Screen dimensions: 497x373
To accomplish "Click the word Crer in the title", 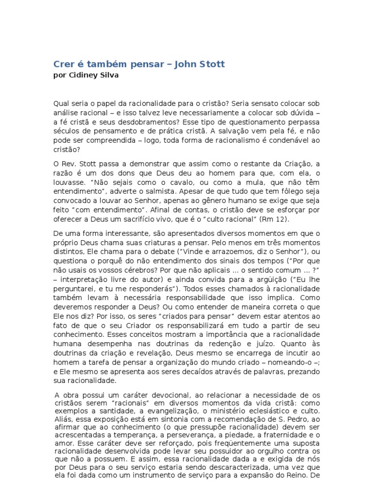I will [63, 64].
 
